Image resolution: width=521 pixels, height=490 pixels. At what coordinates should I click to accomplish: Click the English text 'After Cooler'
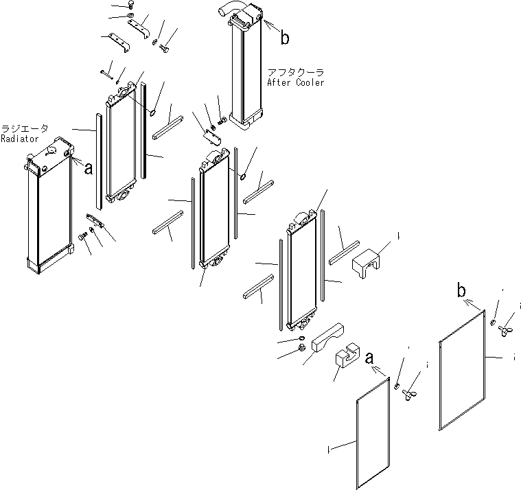(x=296, y=82)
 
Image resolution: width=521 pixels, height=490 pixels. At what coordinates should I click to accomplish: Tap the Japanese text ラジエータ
(x=25, y=129)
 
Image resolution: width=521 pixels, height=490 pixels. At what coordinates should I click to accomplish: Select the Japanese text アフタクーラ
(x=295, y=72)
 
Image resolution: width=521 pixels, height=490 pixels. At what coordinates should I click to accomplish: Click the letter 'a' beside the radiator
(x=88, y=169)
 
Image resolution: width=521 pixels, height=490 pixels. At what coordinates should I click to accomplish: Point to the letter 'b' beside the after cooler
(x=284, y=38)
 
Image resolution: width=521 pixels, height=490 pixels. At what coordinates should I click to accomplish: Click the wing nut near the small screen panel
(x=413, y=395)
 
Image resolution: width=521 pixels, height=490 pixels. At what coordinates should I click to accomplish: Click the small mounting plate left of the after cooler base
(x=213, y=137)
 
